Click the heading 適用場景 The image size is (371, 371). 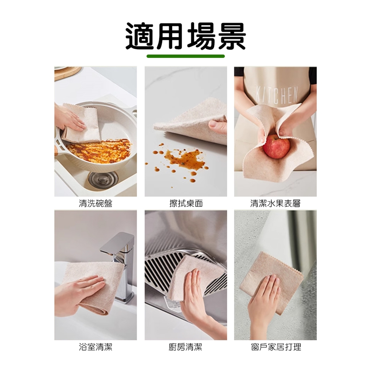[x=185, y=36]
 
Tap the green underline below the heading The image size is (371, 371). [x=185, y=56]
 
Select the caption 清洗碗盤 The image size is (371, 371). [x=95, y=203]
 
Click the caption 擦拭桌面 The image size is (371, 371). [x=186, y=203]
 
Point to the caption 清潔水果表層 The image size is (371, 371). [x=276, y=203]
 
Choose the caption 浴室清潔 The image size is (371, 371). [x=95, y=347]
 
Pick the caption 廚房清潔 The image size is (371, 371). [x=185, y=347]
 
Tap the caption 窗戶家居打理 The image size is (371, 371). [x=276, y=347]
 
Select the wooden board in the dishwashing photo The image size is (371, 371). [x=66, y=73]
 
